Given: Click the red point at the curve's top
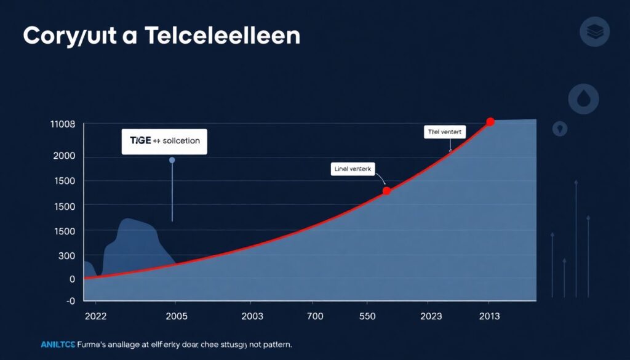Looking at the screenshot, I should coord(490,122).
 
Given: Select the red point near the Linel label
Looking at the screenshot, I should coord(386,191).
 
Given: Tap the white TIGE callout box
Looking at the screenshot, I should coord(165,141).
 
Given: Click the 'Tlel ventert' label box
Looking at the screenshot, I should coord(445,131).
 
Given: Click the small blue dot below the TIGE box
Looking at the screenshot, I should coord(172,160).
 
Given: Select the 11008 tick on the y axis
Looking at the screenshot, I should coord(62,124).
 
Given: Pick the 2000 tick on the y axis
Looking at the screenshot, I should coord(64,156).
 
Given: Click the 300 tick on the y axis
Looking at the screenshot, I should coord(66,256).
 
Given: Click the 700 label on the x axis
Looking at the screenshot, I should coord(314,316).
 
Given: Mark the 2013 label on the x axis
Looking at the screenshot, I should coord(489,316).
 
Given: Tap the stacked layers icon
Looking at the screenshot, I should coord(595,31).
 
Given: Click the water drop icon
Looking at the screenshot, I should coord(583,98).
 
